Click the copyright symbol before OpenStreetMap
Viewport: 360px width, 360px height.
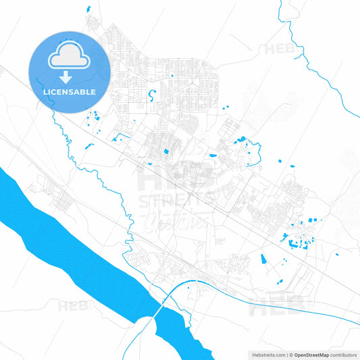click(291, 354)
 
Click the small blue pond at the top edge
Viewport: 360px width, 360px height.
click(88, 8)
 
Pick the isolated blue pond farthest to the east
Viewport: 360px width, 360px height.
click(338, 255)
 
